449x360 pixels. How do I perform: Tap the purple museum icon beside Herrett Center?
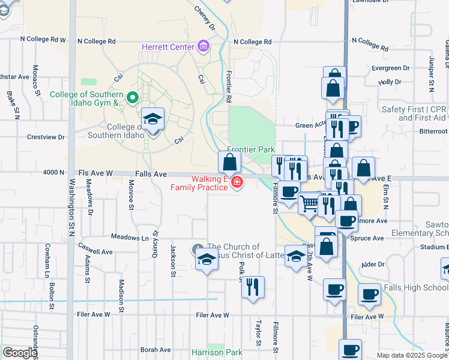203,46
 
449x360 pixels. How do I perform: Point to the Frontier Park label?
250,149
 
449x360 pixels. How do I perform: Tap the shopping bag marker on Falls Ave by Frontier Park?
229,161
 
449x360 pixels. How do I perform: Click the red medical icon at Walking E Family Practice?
237,182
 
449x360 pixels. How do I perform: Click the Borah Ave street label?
155,349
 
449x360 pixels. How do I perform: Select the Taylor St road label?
259,329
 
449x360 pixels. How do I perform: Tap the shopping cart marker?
309,203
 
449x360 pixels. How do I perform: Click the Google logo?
19,353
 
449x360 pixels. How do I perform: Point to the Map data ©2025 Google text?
411,355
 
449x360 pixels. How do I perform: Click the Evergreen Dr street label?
390,68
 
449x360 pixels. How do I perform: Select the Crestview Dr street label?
46,137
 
